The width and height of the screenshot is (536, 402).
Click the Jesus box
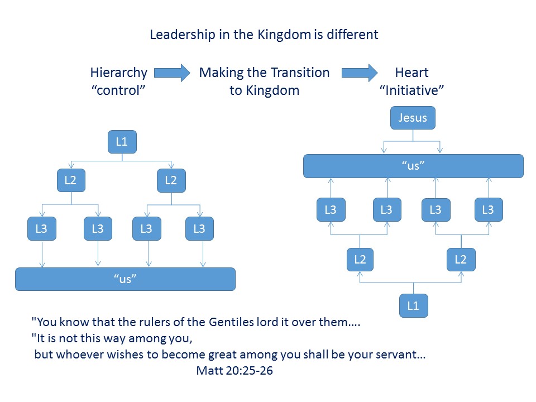tap(413, 118)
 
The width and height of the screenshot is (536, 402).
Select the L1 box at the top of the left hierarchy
tap(122, 142)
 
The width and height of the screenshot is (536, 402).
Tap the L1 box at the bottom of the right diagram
tap(413, 305)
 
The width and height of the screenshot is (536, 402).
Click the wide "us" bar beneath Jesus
tap(413, 166)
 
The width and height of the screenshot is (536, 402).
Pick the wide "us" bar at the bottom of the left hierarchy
tap(125, 279)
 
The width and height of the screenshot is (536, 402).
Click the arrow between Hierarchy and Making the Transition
tap(172, 73)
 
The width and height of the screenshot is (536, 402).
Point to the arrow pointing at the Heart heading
tap(360, 73)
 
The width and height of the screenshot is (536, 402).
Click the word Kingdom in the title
tap(284, 35)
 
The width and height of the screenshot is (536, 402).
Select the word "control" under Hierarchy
tap(118, 90)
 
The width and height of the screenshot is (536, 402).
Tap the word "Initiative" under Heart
tap(411, 90)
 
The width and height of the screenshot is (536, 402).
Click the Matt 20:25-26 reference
tap(234, 371)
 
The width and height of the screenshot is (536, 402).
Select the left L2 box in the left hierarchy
tap(71, 180)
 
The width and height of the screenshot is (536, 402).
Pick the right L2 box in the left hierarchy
tap(171, 180)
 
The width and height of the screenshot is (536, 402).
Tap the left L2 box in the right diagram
tap(360, 260)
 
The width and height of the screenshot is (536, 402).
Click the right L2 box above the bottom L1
tap(461, 260)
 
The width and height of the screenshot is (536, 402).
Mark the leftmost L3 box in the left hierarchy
tap(42, 229)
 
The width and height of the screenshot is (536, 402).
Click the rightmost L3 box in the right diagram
tap(489, 209)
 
